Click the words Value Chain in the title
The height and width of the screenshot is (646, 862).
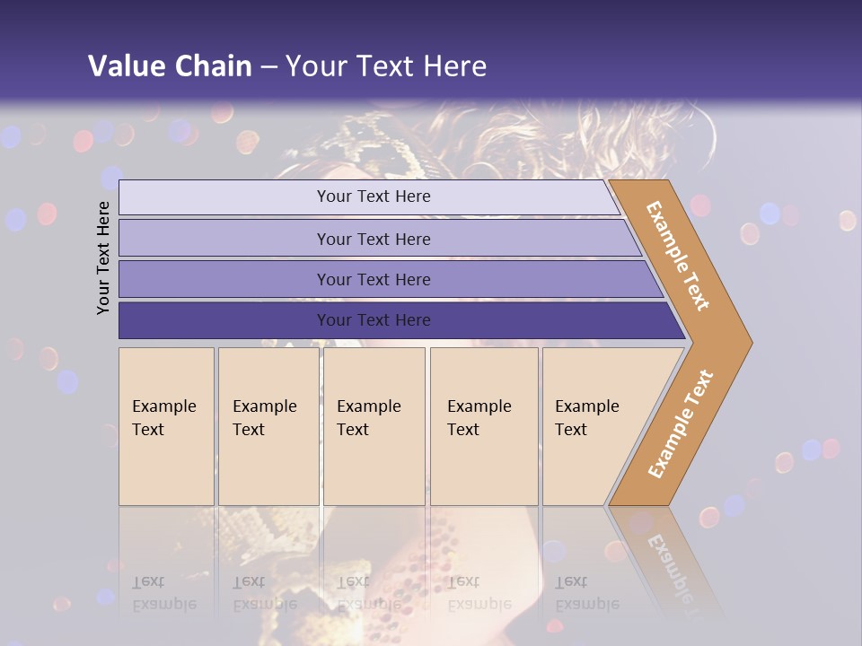(x=170, y=65)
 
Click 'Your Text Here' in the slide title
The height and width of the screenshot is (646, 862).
(x=386, y=65)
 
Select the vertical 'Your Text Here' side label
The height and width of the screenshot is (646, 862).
(x=103, y=258)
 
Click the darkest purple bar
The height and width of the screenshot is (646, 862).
(x=224, y=320)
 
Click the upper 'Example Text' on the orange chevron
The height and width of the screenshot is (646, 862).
(x=678, y=256)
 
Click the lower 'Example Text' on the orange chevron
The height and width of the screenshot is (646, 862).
(x=681, y=423)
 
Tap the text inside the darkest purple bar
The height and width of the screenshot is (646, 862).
(x=374, y=320)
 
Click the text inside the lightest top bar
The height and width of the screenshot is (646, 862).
(x=374, y=196)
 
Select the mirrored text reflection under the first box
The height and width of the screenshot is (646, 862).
(x=164, y=594)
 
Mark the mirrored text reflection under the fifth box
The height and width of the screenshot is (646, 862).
(x=586, y=594)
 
